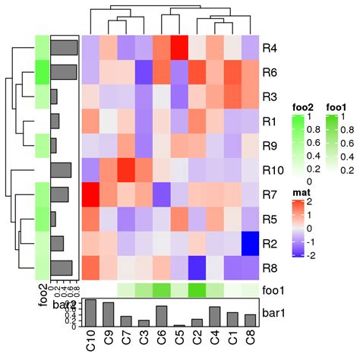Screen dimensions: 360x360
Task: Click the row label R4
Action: (x=270, y=48)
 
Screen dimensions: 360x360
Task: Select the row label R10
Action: (x=273, y=171)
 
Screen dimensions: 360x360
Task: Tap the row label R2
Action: (x=270, y=244)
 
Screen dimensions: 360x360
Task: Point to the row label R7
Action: (x=270, y=195)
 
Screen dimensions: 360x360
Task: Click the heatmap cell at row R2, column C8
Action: (x=251, y=244)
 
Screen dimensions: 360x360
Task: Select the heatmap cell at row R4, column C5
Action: (x=179, y=48)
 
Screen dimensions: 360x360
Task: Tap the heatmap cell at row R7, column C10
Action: (x=90, y=195)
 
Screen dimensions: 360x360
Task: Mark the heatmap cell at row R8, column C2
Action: (x=197, y=268)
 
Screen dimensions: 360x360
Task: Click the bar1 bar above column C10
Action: (x=90, y=312)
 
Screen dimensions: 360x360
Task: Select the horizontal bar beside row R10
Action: (x=61, y=171)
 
